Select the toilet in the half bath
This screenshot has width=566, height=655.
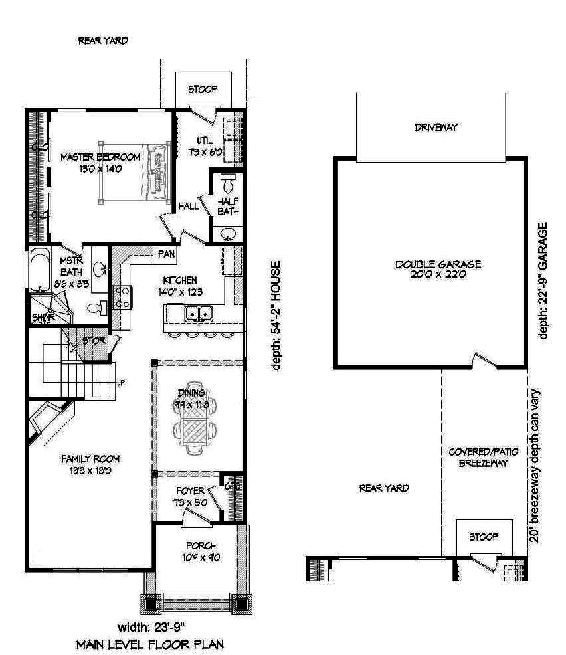pos(227,183)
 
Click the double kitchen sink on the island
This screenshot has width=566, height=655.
pos(198,312)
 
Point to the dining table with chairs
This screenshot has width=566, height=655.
pos(195,424)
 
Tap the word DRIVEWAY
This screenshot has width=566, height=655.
pos(436,127)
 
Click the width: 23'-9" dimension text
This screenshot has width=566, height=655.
pos(151,627)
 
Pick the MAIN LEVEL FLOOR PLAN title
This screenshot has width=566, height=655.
pos(149,644)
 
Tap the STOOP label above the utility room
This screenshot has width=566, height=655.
pos(203,89)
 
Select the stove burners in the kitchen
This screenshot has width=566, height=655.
pos(124,296)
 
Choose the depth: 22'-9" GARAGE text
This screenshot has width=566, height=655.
pos(543,281)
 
